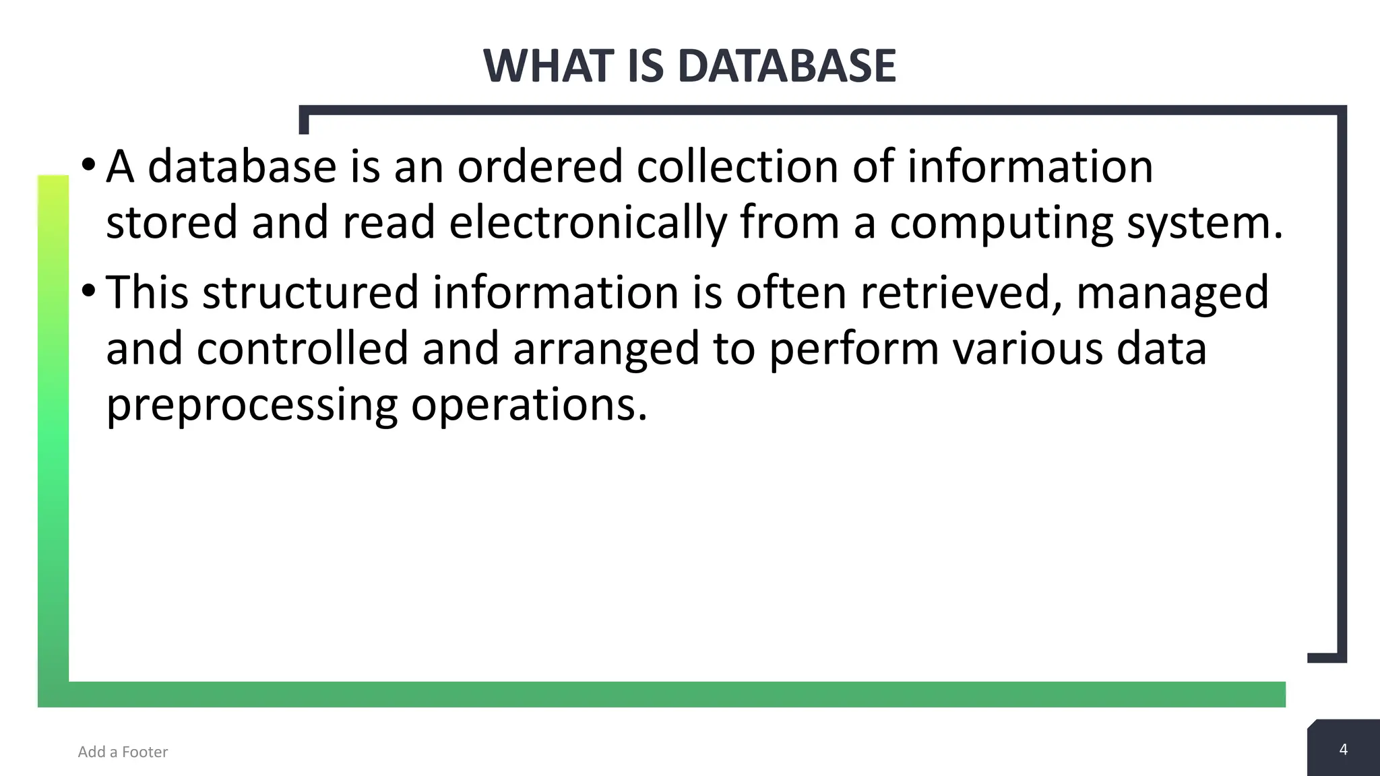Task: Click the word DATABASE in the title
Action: tap(786, 66)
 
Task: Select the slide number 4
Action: tap(1343, 749)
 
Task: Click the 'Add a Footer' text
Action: tap(123, 752)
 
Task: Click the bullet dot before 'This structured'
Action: tap(88, 290)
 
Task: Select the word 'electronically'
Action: tap(588, 222)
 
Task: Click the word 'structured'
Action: tap(310, 292)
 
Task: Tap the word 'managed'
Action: tap(1172, 294)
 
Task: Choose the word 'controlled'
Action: tap(303, 348)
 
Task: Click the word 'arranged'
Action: tap(606, 350)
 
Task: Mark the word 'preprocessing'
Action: tap(252, 406)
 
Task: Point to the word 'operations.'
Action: tap(529, 406)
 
